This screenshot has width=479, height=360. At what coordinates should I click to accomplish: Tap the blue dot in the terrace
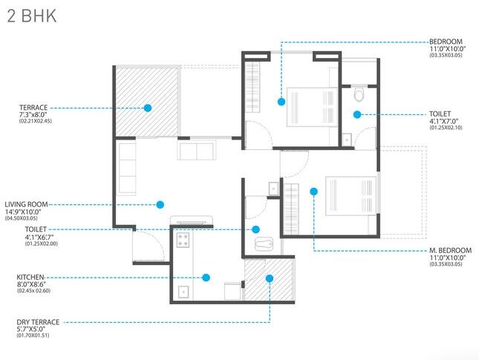(x=148, y=108)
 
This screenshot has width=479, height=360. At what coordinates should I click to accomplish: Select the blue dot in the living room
(x=160, y=204)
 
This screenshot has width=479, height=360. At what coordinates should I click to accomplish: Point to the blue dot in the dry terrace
(x=269, y=278)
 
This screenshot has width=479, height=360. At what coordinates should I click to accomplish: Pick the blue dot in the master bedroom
(x=314, y=192)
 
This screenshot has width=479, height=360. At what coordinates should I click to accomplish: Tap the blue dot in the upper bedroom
(x=281, y=101)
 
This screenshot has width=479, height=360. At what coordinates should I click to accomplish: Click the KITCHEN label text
(x=31, y=276)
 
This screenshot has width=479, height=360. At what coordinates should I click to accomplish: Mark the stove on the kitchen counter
(x=183, y=239)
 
